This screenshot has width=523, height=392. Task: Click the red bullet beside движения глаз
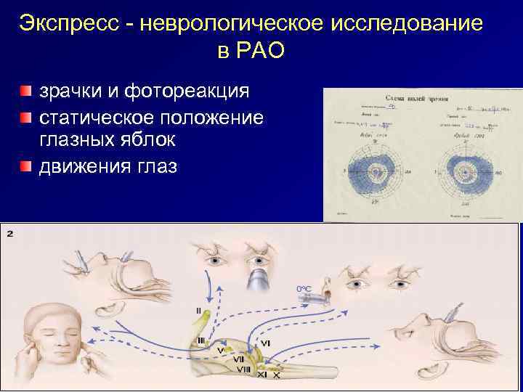point(26,166)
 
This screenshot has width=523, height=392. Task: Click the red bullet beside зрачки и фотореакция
point(26,92)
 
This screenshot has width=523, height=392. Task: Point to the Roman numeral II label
point(198,310)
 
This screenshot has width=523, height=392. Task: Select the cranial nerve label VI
point(266,343)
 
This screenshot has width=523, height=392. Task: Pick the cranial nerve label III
point(201,340)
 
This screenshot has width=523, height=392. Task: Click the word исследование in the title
point(407,23)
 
